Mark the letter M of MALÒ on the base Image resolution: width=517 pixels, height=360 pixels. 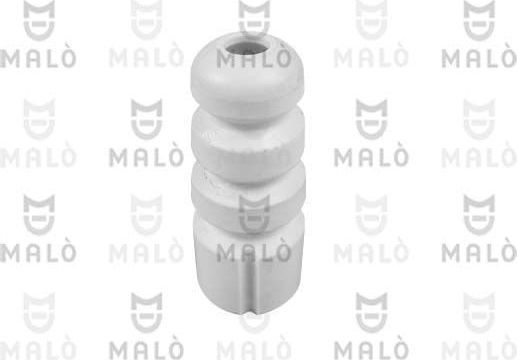[x=223, y=246]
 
